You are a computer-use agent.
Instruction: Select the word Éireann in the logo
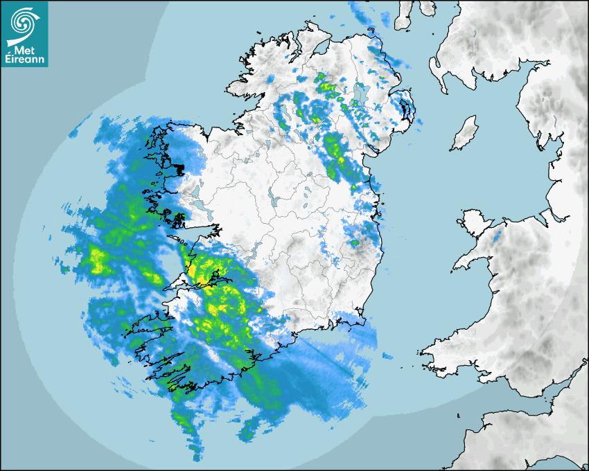(x=24, y=59)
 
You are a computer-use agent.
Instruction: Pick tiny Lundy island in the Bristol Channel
(x=459, y=415)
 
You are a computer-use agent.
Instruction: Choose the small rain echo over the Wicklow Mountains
(x=355, y=242)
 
